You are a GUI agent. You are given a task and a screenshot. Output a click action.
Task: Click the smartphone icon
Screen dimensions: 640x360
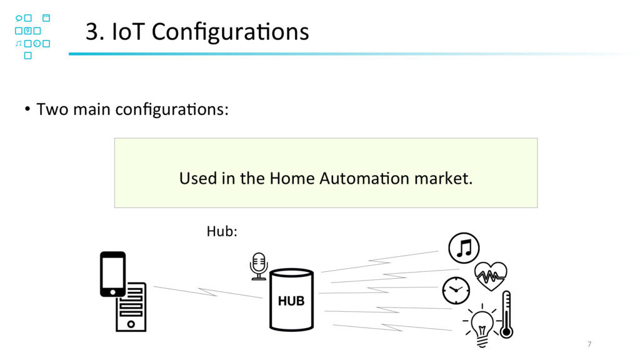click(112, 274)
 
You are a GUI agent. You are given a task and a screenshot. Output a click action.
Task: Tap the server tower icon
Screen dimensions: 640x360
click(131, 307)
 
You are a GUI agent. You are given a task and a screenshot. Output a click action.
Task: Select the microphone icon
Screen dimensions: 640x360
click(258, 266)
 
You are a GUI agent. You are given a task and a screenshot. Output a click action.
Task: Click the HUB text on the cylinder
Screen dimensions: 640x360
click(291, 301)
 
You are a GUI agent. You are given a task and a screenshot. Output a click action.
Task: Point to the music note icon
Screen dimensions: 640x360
click(464, 249)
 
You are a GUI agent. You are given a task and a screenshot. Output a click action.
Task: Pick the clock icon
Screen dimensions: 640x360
click(456, 289)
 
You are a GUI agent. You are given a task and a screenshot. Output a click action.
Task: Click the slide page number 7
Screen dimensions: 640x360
click(589, 344)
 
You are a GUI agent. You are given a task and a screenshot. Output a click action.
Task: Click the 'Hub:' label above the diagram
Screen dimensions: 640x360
click(221, 232)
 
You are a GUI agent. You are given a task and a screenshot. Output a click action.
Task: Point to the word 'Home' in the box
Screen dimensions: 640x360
click(292, 179)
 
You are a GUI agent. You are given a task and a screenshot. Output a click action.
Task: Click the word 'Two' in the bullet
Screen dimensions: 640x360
click(52, 111)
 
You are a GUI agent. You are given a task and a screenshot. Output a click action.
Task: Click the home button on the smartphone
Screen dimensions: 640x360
click(112, 291)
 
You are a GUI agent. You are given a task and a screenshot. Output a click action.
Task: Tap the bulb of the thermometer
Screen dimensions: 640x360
click(506, 331)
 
